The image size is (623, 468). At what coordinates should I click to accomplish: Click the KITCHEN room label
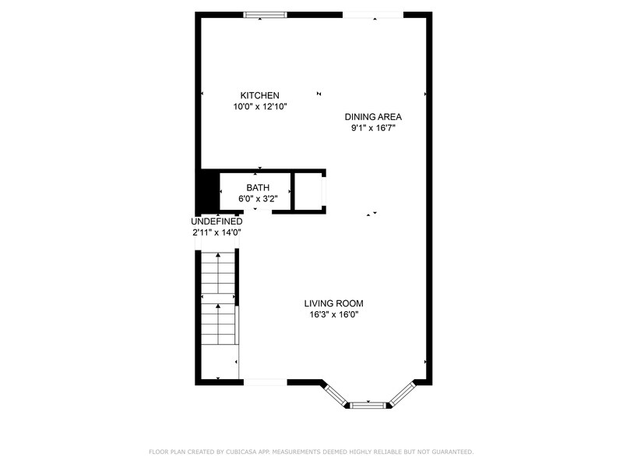point(259,95)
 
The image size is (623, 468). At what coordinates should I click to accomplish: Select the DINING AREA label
point(373,117)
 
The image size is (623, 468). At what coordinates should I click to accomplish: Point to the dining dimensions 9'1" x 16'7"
point(373,128)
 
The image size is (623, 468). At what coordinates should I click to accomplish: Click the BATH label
point(258,188)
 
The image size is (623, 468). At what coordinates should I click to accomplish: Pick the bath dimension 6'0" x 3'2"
point(258,199)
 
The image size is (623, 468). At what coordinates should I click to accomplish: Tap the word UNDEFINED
point(216,222)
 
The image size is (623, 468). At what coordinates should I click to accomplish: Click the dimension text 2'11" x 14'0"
point(216,232)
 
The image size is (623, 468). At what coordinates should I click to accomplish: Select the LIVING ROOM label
point(333,303)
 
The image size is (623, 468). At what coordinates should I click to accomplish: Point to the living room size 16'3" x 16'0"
point(333,314)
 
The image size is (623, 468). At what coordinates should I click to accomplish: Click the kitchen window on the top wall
point(265,14)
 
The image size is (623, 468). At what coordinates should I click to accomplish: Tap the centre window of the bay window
point(368,404)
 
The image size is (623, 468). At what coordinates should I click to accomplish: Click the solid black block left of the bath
point(206,191)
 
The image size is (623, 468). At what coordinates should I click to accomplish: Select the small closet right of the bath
point(308,191)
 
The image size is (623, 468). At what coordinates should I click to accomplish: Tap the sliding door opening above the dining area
point(373,14)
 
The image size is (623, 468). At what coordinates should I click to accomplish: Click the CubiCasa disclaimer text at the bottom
point(311,452)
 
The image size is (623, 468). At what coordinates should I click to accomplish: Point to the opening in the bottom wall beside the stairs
point(265,381)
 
